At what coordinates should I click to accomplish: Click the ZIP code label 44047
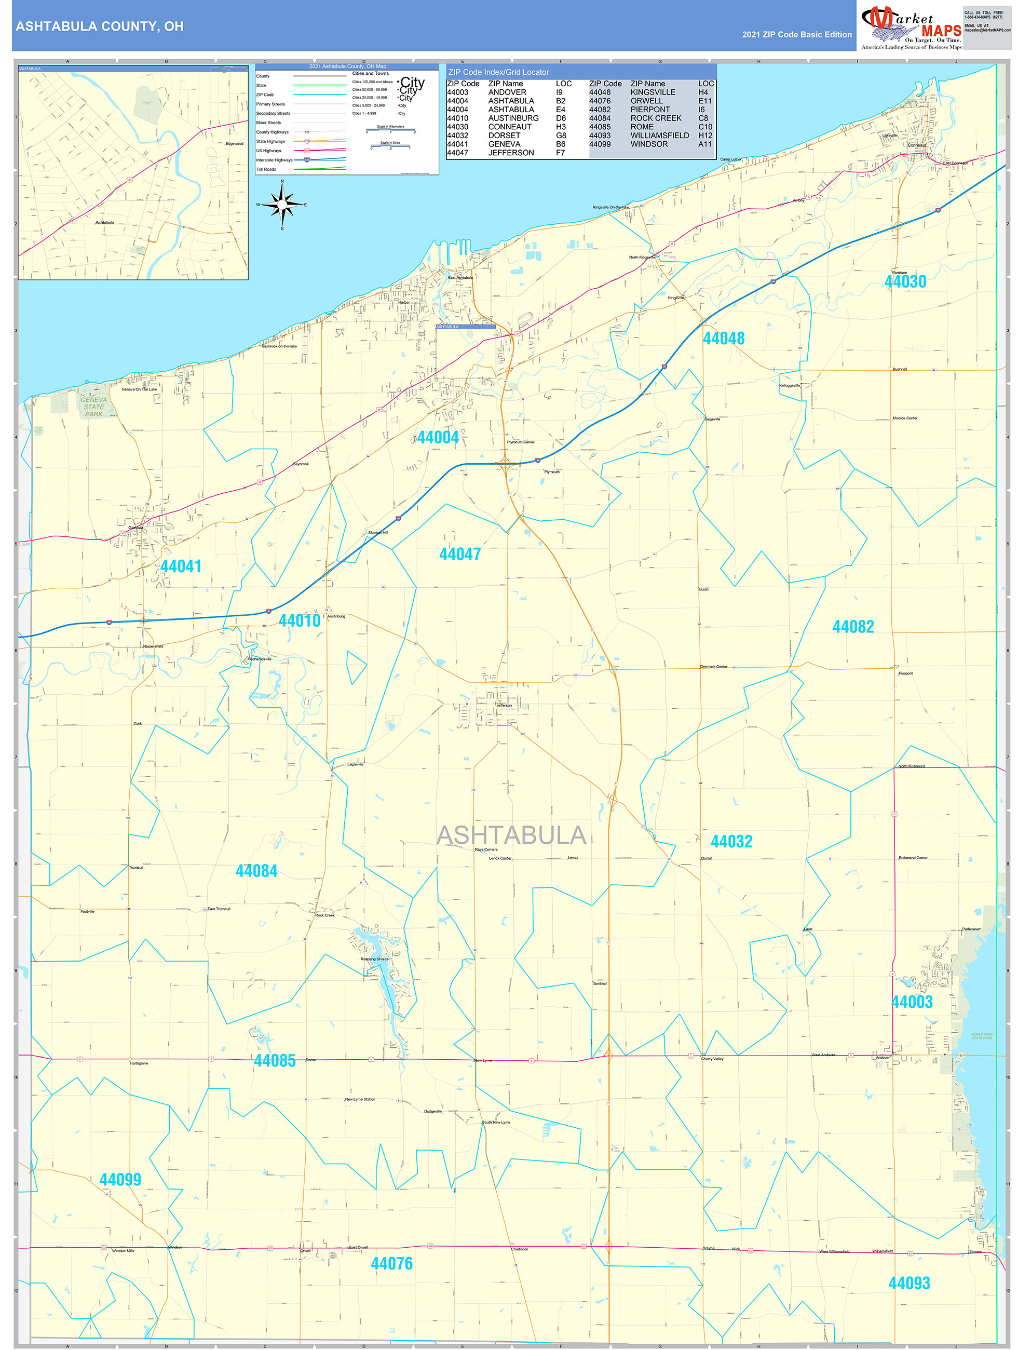pyautogui.click(x=459, y=554)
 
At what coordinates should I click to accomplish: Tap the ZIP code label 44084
pyautogui.click(x=256, y=871)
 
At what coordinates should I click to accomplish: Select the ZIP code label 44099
pyautogui.click(x=120, y=1180)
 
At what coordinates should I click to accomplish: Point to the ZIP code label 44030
pyautogui.click(x=905, y=281)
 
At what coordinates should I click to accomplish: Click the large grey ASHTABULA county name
pyautogui.click(x=511, y=835)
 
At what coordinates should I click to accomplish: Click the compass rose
pyautogui.click(x=282, y=205)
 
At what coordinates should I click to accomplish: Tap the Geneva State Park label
pyautogui.click(x=94, y=407)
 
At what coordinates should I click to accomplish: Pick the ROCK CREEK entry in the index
pyautogui.click(x=656, y=118)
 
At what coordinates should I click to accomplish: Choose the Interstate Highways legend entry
pyautogui.click(x=275, y=160)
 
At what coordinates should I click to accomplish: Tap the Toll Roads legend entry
pyautogui.click(x=266, y=169)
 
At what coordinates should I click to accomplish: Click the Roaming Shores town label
pyautogui.click(x=374, y=959)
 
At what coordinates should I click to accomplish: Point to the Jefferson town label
pyautogui.click(x=504, y=705)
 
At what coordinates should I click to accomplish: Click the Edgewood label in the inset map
pyautogui.click(x=234, y=143)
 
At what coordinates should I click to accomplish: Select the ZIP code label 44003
pyautogui.click(x=912, y=1002)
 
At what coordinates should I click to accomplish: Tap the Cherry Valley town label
pyautogui.click(x=712, y=1059)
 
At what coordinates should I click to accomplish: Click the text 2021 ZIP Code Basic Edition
pyautogui.click(x=796, y=35)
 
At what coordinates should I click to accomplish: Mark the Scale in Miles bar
pyautogui.click(x=390, y=146)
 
